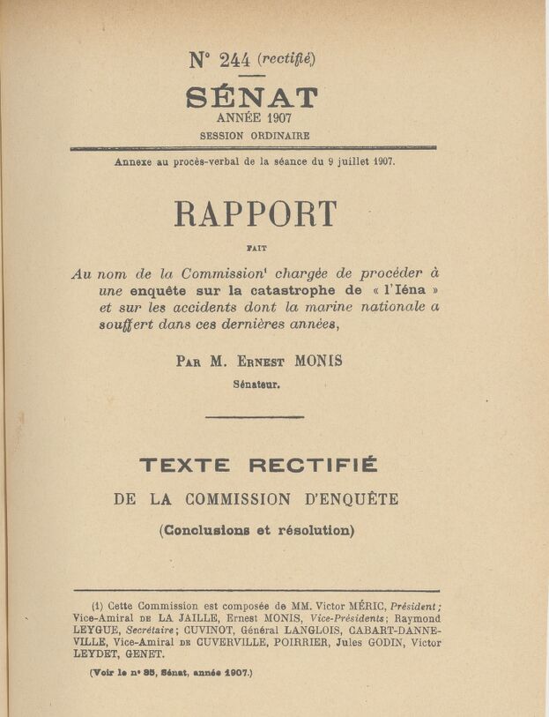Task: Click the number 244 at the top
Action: pyautogui.click(x=234, y=60)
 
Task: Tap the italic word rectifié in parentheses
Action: pyautogui.click(x=286, y=59)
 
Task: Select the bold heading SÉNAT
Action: pyautogui.click(x=252, y=97)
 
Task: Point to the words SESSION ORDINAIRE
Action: pyautogui.click(x=254, y=136)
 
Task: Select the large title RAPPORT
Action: pyautogui.click(x=256, y=214)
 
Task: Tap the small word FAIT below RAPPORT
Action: pyautogui.click(x=256, y=250)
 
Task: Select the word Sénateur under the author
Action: pyautogui.click(x=256, y=384)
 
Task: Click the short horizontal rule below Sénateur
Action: pyautogui.click(x=255, y=417)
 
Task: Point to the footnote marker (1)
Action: pyautogui.click(x=98, y=606)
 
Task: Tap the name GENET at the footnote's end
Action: pyautogui.click(x=145, y=654)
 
